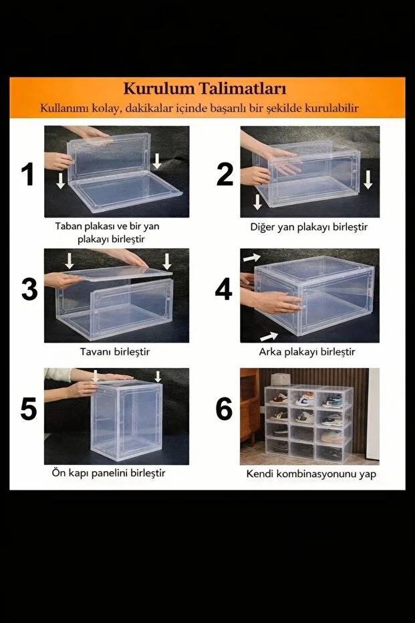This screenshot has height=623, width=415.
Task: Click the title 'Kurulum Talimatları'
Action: (x=204, y=88)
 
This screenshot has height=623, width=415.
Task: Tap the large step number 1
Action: (x=28, y=174)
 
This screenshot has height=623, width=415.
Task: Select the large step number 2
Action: (x=225, y=175)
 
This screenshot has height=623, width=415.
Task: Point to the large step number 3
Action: (x=29, y=289)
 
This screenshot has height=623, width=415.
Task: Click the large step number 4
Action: (x=223, y=289)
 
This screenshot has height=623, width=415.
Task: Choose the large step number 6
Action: (x=224, y=409)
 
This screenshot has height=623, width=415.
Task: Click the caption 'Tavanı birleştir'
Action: (x=115, y=351)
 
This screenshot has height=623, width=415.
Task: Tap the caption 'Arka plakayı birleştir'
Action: (x=307, y=351)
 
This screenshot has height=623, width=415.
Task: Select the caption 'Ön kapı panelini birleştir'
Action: (x=109, y=473)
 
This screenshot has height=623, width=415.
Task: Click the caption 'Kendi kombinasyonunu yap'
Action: (x=311, y=474)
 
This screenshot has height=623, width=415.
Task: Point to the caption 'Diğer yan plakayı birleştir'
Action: (x=309, y=227)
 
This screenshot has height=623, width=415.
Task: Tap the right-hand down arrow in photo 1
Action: (x=157, y=161)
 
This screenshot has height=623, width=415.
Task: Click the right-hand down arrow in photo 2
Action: (x=368, y=179)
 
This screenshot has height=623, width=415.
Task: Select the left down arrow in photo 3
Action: (x=70, y=261)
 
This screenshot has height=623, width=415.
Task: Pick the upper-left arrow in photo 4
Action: (x=252, y=258)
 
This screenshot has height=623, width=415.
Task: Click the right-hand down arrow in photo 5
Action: (x=158, y=377)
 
